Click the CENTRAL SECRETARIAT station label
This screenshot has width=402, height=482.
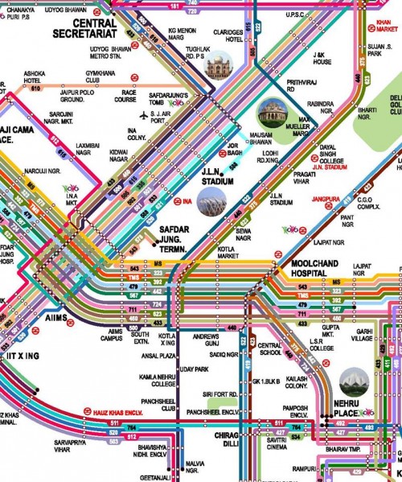84,29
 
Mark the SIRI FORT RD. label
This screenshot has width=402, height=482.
220,394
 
